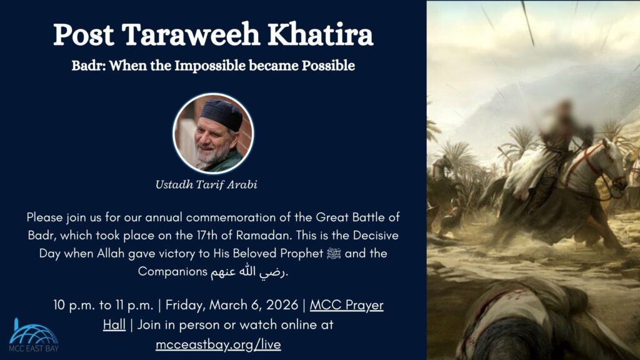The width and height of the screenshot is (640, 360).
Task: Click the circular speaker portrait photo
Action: (213, 133)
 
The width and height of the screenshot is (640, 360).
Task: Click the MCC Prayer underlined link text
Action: (346, 306)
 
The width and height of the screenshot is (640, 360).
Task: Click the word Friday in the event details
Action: (184, 306)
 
